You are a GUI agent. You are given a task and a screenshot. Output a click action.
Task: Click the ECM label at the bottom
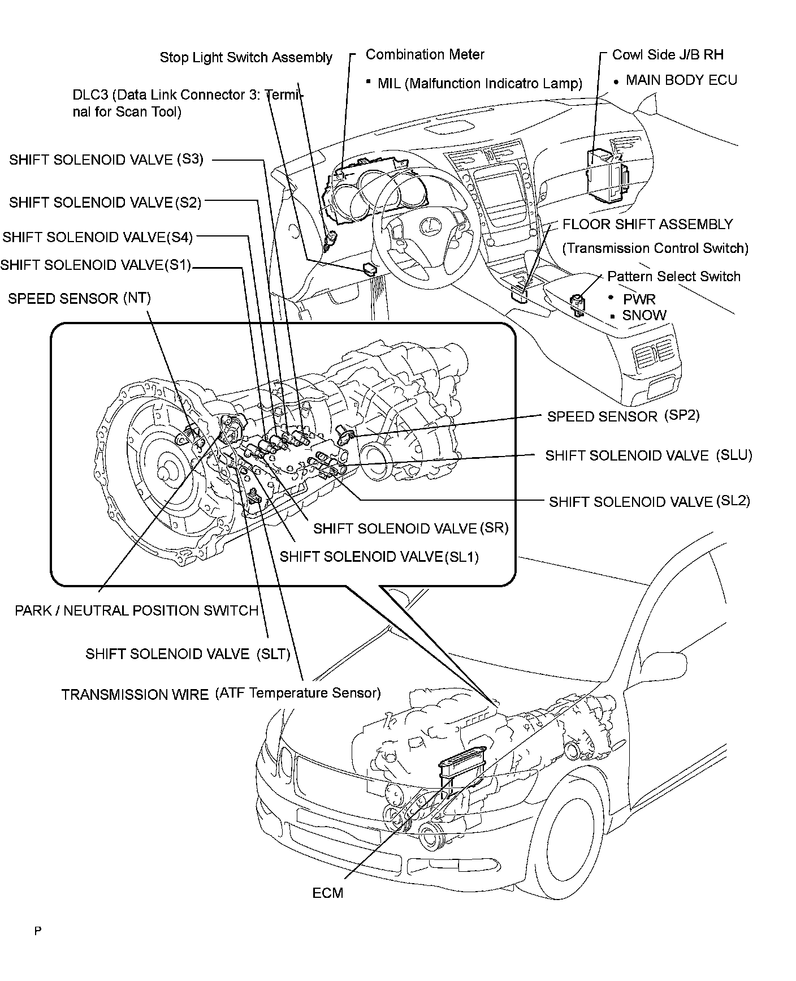(327, 893)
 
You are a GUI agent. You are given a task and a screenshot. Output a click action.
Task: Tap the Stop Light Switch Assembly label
(246, 57)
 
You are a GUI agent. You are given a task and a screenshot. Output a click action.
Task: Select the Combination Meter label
(425, 54)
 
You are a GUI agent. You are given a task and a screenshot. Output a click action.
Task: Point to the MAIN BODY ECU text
(681, 80)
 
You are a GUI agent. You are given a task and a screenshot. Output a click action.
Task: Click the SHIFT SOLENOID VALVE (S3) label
(106, 160)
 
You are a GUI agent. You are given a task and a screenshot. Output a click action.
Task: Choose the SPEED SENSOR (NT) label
(79, 299)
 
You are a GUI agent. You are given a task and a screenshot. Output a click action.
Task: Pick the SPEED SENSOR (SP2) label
(623, 416)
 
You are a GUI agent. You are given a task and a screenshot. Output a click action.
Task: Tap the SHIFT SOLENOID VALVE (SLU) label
(648, 456)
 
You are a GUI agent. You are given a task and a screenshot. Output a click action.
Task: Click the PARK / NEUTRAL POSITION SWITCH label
(136, 611)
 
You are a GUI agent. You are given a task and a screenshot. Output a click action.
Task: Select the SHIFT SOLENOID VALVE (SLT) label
(188, 654)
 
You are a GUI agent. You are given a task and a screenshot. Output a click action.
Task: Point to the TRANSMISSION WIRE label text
(135, 694)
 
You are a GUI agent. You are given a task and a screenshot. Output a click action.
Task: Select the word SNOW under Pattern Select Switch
(644, 316)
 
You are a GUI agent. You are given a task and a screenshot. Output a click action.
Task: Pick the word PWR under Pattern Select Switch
(639, 299)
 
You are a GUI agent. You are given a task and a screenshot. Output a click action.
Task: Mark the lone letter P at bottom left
(38, 931)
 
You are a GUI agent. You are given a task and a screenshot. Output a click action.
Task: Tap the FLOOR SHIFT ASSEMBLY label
(647, 225)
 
